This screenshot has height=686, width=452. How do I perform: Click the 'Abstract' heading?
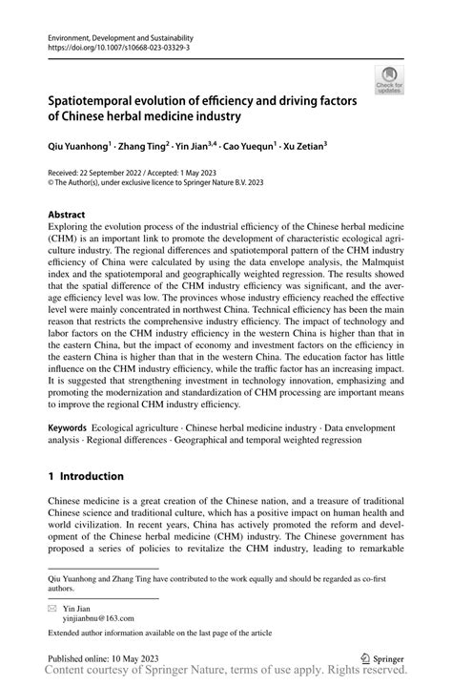pyautogui.click(x=66, y=216)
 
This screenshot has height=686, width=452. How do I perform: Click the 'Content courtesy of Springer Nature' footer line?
pyautogui.click(x=226, y=674)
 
